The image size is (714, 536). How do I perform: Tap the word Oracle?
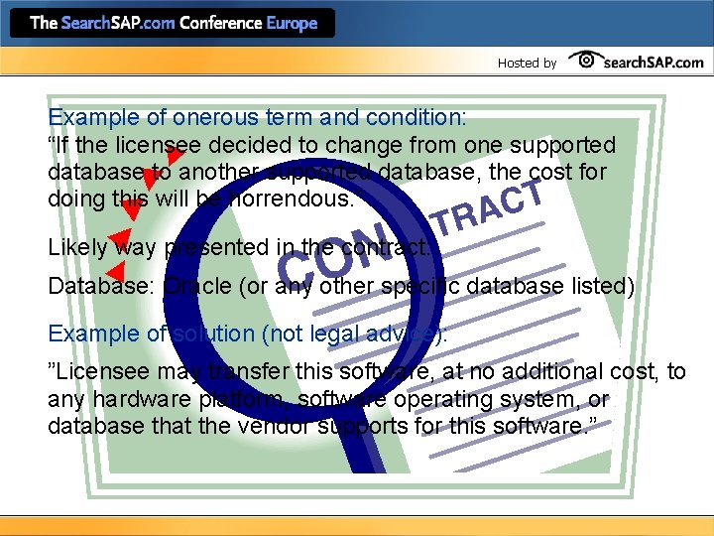point(197,287)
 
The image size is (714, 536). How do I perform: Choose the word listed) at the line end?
point(599,287)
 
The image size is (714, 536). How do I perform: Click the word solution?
point(209,334)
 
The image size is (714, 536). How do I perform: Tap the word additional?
point(539,372)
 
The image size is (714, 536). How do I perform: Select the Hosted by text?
point(527,63)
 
